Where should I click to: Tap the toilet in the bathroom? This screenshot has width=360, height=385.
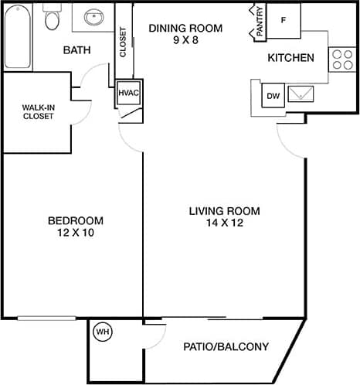[53, 19]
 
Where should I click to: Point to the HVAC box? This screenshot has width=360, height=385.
[127, 93]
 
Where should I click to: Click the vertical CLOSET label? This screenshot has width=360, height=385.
[123, 43]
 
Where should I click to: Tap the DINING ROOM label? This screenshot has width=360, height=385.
[185, 29]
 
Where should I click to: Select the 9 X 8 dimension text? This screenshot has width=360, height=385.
[185, 41]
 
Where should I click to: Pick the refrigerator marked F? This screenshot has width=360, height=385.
[284, 19]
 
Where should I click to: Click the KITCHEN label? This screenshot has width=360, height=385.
[290, 58]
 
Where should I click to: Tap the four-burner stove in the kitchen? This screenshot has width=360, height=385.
[341, 60]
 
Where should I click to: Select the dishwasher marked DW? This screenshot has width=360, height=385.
[272, 96]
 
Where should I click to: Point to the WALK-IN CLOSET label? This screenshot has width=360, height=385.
[37, 111]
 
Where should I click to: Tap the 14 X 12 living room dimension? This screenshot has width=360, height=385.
[225, 223]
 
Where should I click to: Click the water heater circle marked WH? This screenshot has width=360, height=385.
[102, 332]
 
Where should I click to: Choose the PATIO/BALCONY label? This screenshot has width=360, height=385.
[226, 347]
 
